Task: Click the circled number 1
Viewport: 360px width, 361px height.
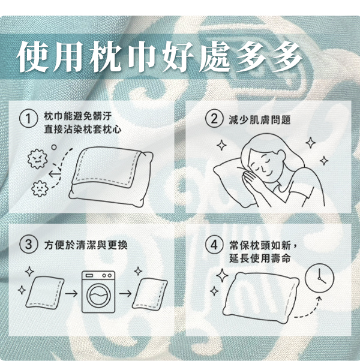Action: point(28,119)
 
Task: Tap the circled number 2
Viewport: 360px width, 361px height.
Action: point(214,119)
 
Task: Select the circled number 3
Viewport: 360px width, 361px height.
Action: point(28,245)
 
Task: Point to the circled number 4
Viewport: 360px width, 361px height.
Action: point(214,245)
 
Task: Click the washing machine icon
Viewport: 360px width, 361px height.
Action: point(98,292)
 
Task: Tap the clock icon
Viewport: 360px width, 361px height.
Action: point(319,278)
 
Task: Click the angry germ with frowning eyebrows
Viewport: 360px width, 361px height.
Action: point(37,159)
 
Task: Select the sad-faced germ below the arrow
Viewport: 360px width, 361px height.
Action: point(40,188)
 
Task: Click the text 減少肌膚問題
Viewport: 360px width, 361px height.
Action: point(260,120)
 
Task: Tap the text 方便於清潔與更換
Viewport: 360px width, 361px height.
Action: point(86,245)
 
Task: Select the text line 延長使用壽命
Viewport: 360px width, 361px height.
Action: point(260,258)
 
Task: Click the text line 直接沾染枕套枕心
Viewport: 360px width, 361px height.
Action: point(82,130)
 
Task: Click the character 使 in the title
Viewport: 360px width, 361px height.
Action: point(32,56)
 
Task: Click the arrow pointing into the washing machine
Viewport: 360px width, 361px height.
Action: point(71,294)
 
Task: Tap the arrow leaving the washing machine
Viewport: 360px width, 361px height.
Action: point(125,294)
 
